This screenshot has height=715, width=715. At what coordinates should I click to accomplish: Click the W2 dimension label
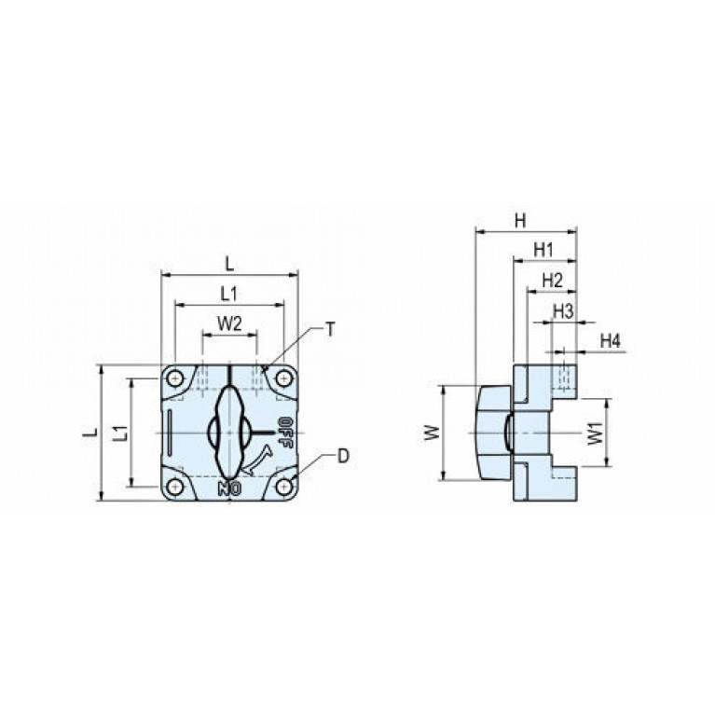(229, 323)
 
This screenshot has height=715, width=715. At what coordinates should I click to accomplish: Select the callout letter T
(330, 329)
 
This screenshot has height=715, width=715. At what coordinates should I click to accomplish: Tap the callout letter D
(343, 456)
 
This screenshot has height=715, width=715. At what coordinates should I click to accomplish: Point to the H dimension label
(520, 221)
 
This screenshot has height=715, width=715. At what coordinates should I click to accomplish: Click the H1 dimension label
(543, 250)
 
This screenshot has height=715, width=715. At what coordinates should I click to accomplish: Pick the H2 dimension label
(552, 281)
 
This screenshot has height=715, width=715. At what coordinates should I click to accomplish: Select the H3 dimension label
(563, 312)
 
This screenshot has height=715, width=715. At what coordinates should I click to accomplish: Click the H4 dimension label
(611, 340)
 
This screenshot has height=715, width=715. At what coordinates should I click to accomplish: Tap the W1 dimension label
(595, 433)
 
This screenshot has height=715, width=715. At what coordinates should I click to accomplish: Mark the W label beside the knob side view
(432, 433)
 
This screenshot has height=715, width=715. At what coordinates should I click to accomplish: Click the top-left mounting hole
(174, 378)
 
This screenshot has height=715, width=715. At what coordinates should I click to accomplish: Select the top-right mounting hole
(284, 378)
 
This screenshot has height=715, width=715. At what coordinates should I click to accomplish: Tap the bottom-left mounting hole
(174, 487)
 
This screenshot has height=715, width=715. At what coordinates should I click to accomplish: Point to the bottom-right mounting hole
(284, 487)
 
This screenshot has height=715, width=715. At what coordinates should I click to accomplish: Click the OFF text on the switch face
(284, 433)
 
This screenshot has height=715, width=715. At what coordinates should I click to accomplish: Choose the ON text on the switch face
(229, 488)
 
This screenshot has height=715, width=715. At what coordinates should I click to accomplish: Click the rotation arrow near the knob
(257, 461)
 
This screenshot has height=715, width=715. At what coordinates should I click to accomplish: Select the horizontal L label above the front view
(230, 265)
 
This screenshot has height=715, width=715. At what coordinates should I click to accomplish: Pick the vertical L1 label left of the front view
(121, 433)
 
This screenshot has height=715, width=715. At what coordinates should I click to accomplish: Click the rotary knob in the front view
(229, 432)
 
